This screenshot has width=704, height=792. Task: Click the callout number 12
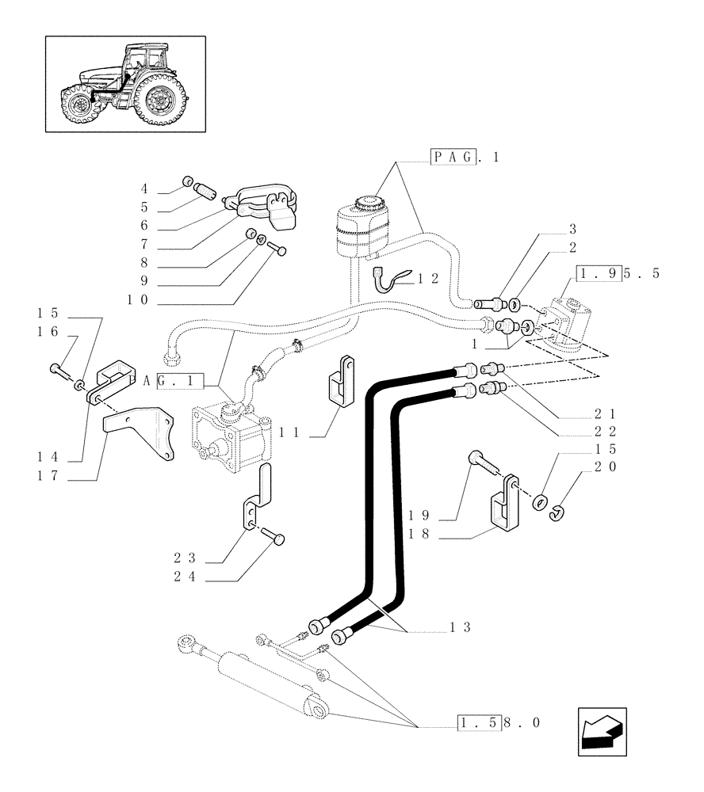428,278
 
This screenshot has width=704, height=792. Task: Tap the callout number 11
289,432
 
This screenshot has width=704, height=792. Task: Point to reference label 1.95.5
619,275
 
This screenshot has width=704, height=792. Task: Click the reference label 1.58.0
498,723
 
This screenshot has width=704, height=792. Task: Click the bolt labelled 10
278,250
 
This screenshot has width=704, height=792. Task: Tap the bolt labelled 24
277,537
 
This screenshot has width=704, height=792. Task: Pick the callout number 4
144,188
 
